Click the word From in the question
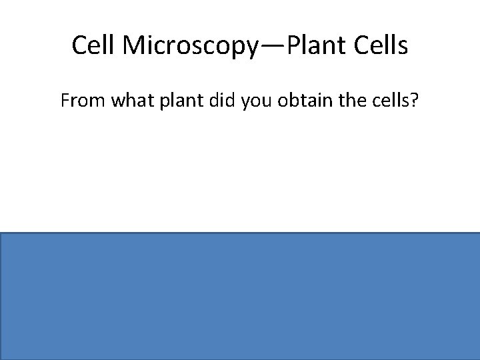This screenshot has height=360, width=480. point(80,102)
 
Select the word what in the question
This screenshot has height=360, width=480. point(127,102)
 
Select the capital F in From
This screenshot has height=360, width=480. point(65,102)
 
